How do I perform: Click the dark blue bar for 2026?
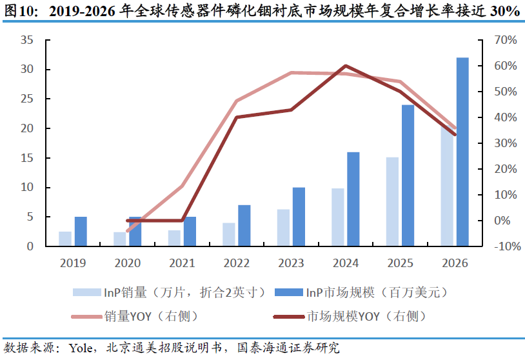pyautogui.click(x=462, y=152)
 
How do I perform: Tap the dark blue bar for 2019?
pyautogui.click(x=81, y=231)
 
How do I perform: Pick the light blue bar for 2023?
pyautogui.click(x=283, y=227)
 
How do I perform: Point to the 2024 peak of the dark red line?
pyautogui.click(x=346, y=66)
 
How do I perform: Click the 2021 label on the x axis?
pyautogui.click(x=183, y=263)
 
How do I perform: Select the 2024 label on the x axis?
pyautogui.click(x=346, y=263)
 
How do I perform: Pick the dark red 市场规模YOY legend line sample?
pyautogui.click(x=286, y=316)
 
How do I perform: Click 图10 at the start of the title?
pyautogui.click(x=20, y=12)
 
